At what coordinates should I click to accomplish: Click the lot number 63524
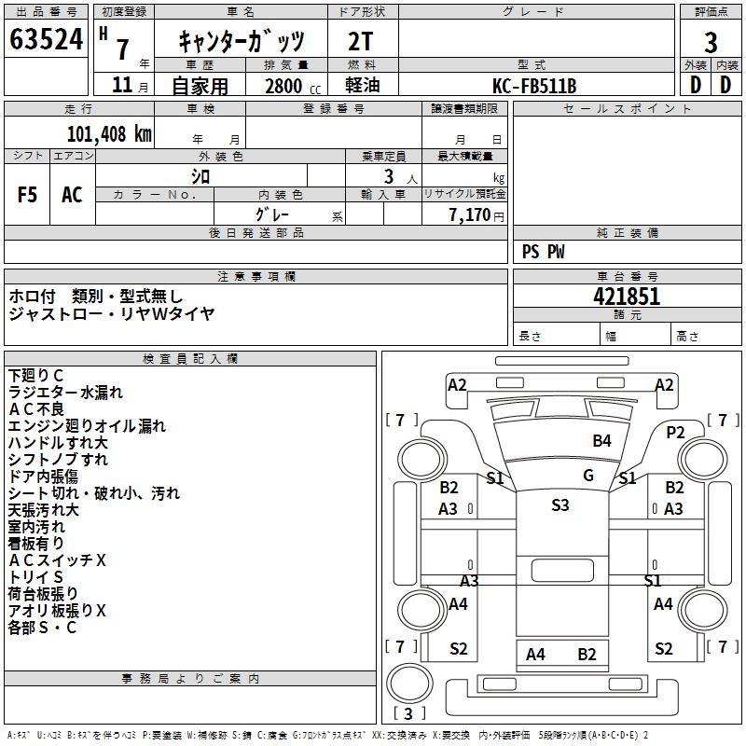46,40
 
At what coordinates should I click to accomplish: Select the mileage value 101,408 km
109,133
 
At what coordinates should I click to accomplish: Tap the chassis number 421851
627,297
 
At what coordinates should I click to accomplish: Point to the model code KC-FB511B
534,86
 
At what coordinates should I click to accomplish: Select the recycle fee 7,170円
477,214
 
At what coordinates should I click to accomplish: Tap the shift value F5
28,195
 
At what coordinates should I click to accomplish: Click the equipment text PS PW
544,252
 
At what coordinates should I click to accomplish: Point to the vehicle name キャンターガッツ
242,42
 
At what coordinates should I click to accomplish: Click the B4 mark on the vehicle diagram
602,440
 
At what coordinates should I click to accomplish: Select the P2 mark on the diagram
676,432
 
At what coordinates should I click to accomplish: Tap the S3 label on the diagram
559,505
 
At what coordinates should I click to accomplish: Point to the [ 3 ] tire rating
410,713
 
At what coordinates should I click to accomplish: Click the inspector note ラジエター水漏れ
65,393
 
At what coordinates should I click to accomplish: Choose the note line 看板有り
37,544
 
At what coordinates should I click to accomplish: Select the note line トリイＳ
36,577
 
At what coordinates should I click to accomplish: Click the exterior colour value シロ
200,176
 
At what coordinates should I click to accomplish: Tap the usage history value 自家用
200,86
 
